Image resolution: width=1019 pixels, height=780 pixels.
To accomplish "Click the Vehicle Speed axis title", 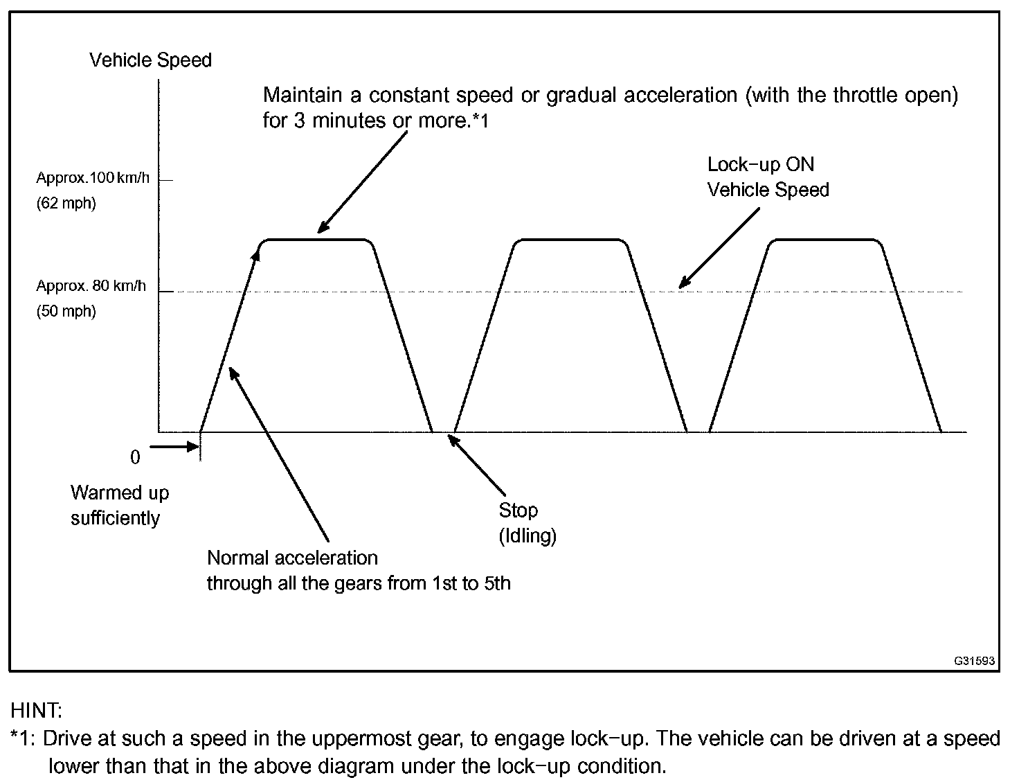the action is [150, 60].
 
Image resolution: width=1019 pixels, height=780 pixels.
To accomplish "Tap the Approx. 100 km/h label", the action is [92, 178].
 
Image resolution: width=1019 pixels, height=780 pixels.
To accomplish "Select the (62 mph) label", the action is [66, 204].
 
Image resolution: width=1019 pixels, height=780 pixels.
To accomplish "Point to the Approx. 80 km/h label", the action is [91, 285].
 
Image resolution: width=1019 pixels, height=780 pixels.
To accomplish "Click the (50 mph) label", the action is [66, 311].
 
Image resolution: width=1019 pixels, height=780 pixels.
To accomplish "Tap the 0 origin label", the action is [135, 457].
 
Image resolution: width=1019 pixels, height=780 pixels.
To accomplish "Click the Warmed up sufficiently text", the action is [119, 506].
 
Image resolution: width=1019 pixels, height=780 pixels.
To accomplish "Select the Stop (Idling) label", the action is [527, 523].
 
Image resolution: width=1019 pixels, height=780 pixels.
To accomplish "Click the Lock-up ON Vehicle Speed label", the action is [767, 177].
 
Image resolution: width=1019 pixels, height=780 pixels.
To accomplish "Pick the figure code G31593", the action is [974, 661].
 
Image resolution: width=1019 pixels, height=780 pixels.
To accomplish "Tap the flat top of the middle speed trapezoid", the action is [569, 240].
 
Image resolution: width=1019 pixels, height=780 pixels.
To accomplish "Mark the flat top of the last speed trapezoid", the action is [824, 240].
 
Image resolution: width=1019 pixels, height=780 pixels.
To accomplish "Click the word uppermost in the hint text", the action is [357, 739].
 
